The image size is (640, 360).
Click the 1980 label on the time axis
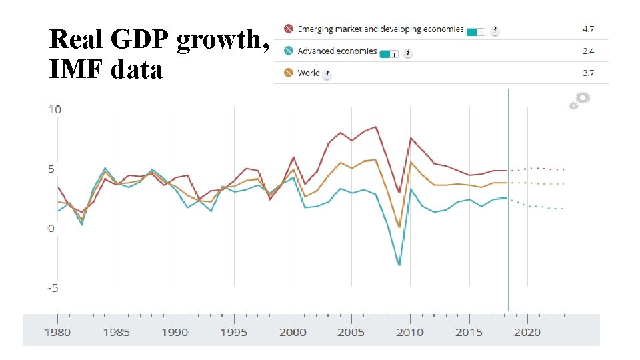(x=58, y=332)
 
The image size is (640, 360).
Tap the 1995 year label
(x=234, y=332)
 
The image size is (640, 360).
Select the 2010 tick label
(x=410, y=332)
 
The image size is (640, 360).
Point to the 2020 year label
(x=527, y=332)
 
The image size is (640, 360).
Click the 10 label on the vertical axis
(x=55, y=109)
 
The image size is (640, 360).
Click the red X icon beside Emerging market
(x=288, y=29)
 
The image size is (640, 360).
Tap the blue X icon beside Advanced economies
(x=288, y=51)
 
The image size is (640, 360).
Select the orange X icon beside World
(x=288, y=73)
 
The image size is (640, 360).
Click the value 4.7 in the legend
(x=587, y=29)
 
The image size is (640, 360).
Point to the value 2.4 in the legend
(x=587, y=51)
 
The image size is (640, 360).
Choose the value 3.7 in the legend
(x=587, y=73)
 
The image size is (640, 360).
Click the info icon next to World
(x=327, y=75)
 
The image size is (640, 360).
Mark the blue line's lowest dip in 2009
(x=399, y=265)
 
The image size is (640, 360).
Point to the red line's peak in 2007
(x=375, y=127)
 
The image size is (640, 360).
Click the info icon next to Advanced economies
(x=408, y=53)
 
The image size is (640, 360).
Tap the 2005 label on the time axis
(x=351, y=332)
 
